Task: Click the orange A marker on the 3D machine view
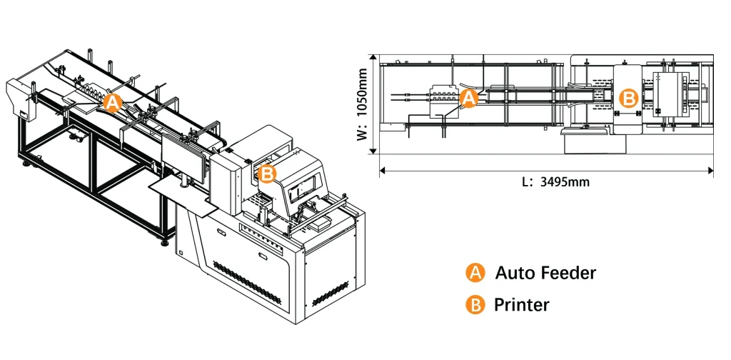point(113,102)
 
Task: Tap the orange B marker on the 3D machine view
point(266,174)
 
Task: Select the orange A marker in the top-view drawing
point(469,98)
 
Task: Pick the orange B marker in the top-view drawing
point(628,99)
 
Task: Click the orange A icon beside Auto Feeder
point(475,272)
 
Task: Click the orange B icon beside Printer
point(475,305)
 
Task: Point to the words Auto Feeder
point(545,272)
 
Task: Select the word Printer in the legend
point(522,305)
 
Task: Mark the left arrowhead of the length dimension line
point(383,170)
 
